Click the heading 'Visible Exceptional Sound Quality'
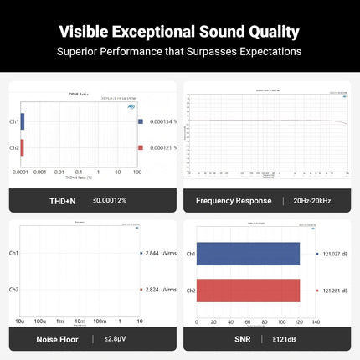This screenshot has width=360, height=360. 179,33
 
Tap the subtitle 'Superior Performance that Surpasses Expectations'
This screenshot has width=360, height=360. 179,52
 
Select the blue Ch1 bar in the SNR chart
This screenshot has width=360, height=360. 248,254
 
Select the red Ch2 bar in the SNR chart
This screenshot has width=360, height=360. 248,291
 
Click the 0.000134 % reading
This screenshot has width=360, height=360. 163,122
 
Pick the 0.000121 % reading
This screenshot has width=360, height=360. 163,147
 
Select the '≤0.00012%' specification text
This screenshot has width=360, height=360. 110,201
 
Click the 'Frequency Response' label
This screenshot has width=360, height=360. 234,201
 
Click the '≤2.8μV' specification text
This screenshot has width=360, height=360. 116,339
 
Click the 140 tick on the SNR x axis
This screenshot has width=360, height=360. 316,321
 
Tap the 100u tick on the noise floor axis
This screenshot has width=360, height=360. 39,321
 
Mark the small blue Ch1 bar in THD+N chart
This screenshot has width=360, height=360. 23,122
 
